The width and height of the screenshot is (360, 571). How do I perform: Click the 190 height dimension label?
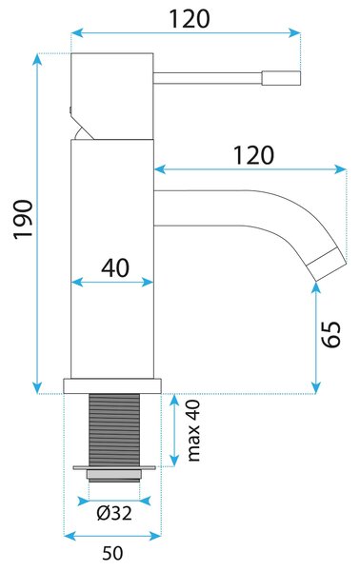23,219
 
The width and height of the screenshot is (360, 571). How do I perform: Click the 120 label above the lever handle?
190,19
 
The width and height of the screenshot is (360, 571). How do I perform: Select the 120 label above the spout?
253,155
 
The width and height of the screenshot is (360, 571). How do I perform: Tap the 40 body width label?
115,268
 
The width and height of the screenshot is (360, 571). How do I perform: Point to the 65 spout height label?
331,334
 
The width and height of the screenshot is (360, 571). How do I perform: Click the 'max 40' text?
193,430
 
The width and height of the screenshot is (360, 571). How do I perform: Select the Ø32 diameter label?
114,514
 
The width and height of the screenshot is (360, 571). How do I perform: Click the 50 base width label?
112,554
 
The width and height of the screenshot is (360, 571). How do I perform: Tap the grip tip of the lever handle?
281,78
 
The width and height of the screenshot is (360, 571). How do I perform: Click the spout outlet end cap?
326,265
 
